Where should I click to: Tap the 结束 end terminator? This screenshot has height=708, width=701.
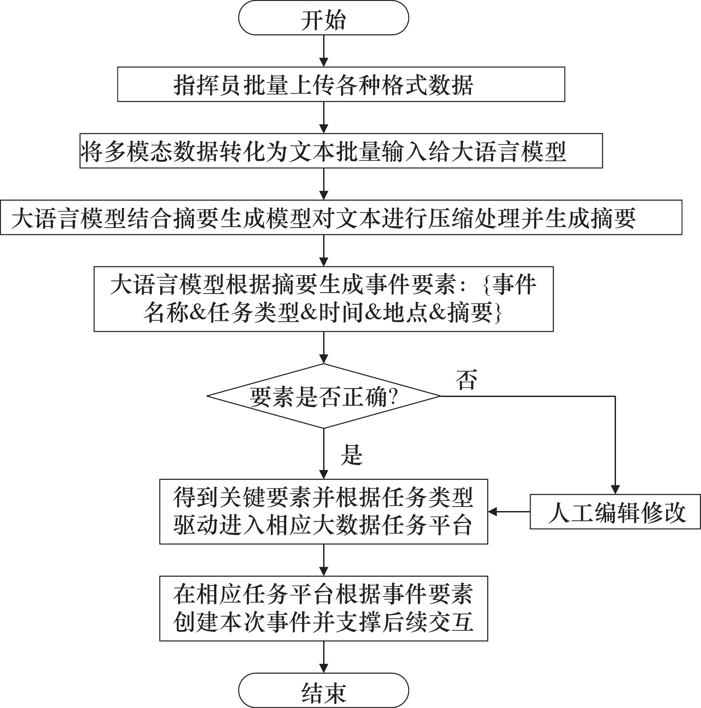(324, 690)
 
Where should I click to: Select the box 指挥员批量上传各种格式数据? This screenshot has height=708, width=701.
(341, 84)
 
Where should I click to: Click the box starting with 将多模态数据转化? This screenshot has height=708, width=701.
(341, 151)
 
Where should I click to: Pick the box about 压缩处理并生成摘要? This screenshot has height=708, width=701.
(341, 217)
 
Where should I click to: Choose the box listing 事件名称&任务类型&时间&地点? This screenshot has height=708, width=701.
(324, 299)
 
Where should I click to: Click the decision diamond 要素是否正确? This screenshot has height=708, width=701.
(324, 396)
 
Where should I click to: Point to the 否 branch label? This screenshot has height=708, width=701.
(466, 380)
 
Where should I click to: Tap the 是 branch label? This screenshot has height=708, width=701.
(352, 455)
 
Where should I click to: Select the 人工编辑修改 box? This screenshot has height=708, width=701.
(615, 512)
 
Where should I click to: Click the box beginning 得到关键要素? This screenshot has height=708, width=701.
(324, 512)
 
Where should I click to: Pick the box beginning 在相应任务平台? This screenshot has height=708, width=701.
(324, 608)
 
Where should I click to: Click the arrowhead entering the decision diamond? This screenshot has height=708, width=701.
(324, 359)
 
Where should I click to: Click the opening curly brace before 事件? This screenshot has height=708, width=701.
(486, 285)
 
